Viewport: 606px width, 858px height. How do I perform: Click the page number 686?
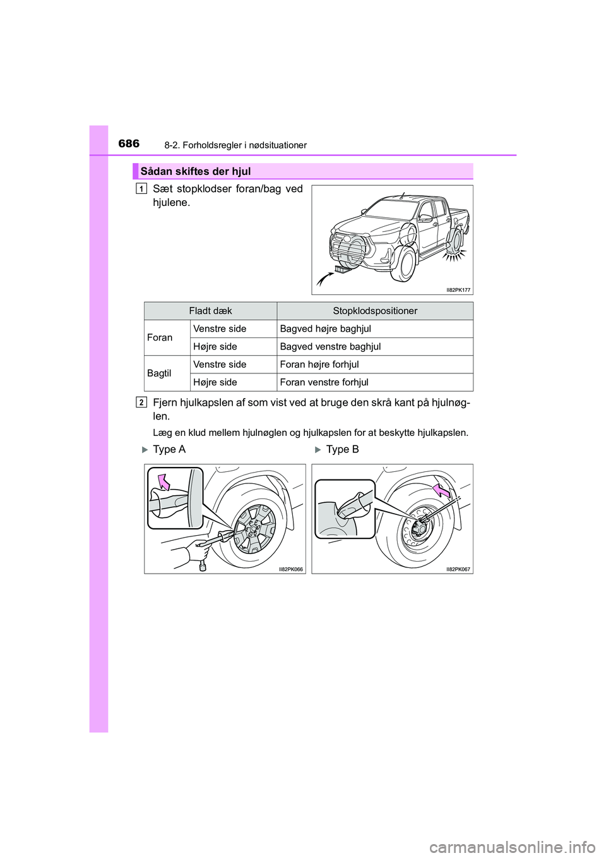tap(129, 143)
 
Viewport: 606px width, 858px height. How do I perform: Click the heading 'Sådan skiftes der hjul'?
tap(196, 171)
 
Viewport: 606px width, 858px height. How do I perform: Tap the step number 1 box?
tap(141, 188)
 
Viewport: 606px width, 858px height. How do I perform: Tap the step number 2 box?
tap(141, 402)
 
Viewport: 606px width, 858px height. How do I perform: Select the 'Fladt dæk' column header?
tap(210, 311)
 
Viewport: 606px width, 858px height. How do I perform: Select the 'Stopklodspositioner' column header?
tap(375, 311)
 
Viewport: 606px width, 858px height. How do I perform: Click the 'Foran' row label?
tap(160, 337)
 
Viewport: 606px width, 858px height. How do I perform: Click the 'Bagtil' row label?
tap(159, 373)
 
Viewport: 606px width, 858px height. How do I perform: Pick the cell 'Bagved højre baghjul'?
tap(325, 329)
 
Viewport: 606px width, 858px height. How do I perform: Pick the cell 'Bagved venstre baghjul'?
tap(330, 346)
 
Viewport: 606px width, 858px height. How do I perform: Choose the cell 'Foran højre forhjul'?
tap(319, 365)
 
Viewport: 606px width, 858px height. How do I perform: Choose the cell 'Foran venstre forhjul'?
tap(324, 382)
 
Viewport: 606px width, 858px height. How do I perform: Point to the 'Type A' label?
tap(169, 449)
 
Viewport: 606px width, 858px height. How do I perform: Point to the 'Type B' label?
tap(342, 449)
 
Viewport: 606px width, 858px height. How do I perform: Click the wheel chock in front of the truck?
tap(343, 270)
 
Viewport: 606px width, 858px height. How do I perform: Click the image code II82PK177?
tap(458, 290)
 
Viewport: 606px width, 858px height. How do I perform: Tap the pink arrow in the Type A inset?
tap(164, 481)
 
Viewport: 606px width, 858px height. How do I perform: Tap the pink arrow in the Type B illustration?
tap(441, 490)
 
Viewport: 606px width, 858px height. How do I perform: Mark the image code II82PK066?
tap(291, 569)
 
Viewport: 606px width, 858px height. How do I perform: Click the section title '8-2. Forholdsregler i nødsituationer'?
tap(235, 145)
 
